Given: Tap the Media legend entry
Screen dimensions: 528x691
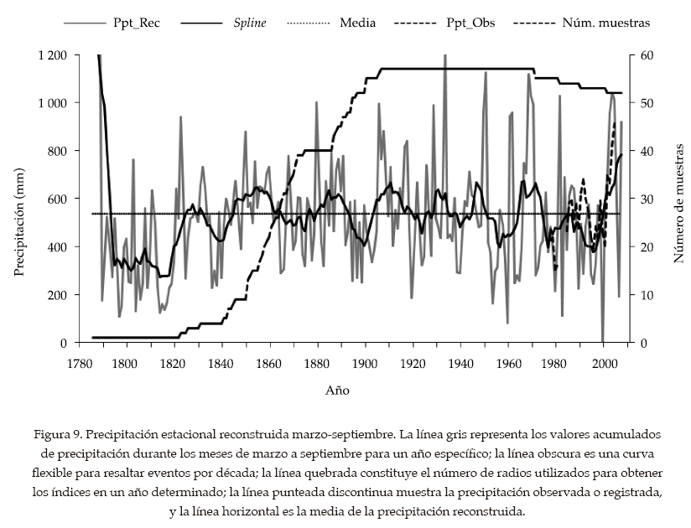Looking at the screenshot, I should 356,23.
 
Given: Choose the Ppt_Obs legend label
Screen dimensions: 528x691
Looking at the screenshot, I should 470,23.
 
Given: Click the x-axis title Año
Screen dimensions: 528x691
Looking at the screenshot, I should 337,391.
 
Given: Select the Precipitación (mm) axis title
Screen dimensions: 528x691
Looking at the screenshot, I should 20,199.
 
